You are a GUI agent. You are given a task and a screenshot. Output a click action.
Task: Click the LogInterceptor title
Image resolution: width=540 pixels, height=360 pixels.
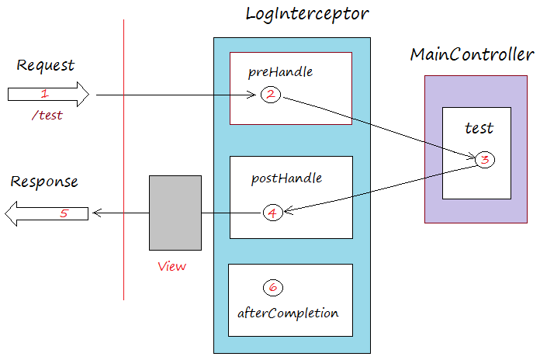[x=306, y=14]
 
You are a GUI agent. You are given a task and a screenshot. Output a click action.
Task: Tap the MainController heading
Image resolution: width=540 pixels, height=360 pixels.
[x=472, y=55]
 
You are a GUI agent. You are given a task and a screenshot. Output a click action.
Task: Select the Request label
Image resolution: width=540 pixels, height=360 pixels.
[x=45, y=65]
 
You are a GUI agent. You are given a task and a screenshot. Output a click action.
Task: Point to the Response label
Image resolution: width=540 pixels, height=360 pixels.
[x=44, y=182]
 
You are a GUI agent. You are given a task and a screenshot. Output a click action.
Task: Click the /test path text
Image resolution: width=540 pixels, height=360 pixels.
[x=47, y=116]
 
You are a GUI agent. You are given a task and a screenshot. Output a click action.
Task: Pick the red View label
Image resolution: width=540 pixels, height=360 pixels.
[x=171, y=266]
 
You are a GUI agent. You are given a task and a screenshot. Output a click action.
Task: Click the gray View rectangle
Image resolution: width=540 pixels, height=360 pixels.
[x=175, y=213]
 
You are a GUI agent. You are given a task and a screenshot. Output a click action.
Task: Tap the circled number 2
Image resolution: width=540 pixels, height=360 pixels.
[x=271, y=95]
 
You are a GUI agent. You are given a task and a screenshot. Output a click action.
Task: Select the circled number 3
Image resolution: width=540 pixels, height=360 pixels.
[x=484, y=161]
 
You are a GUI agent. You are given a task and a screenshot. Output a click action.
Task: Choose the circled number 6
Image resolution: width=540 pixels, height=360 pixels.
[x=272, y=287]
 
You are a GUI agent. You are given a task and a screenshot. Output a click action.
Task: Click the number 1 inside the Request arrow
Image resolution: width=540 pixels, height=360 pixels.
[x=44, y=94]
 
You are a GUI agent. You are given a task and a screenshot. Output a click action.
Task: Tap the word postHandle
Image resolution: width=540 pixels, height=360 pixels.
[x=286, y=178]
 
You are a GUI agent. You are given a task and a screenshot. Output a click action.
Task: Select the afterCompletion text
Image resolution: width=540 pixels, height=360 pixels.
[x=288, y=313]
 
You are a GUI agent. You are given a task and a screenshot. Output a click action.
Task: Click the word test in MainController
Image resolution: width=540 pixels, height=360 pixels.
[x=479, y=128]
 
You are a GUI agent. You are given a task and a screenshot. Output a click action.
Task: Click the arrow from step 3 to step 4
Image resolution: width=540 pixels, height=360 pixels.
[x=380, y=187]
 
